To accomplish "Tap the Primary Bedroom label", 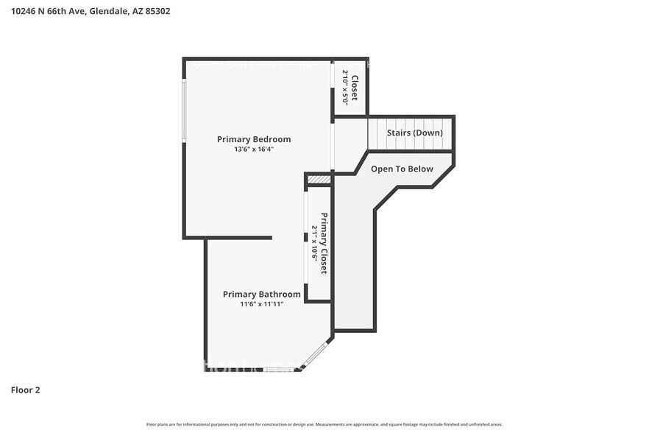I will pyautogui.click(x=254, y=139).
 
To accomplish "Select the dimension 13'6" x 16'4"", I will pyautogui.click(x=254, y=149).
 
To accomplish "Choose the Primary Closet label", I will pyautogui.click(x=323, y=244).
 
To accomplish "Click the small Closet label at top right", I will pyautogui.click(x=355, y=88).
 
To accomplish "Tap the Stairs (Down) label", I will pyautogui.click(x=415, y=133).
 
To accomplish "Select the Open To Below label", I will pyautogui.click(x=402, y=169).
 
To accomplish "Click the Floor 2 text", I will pyautogui.click(x=25, y=390).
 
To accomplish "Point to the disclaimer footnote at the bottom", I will pyautogui.click(x=324, y=424).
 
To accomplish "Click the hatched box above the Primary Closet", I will pyautogui.click(x=319, y=180).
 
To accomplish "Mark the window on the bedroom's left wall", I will pyautogui.click(x=184, y=110).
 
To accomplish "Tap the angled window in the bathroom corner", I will pyautogui.click(x=316, y=355).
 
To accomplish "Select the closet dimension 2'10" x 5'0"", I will pyautogui.click(x=344, y=88).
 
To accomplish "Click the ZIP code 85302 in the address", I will pyautogui.click(x=157, y=12).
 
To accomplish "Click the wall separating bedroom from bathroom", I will pyautogui.click(x=228, y=238).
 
